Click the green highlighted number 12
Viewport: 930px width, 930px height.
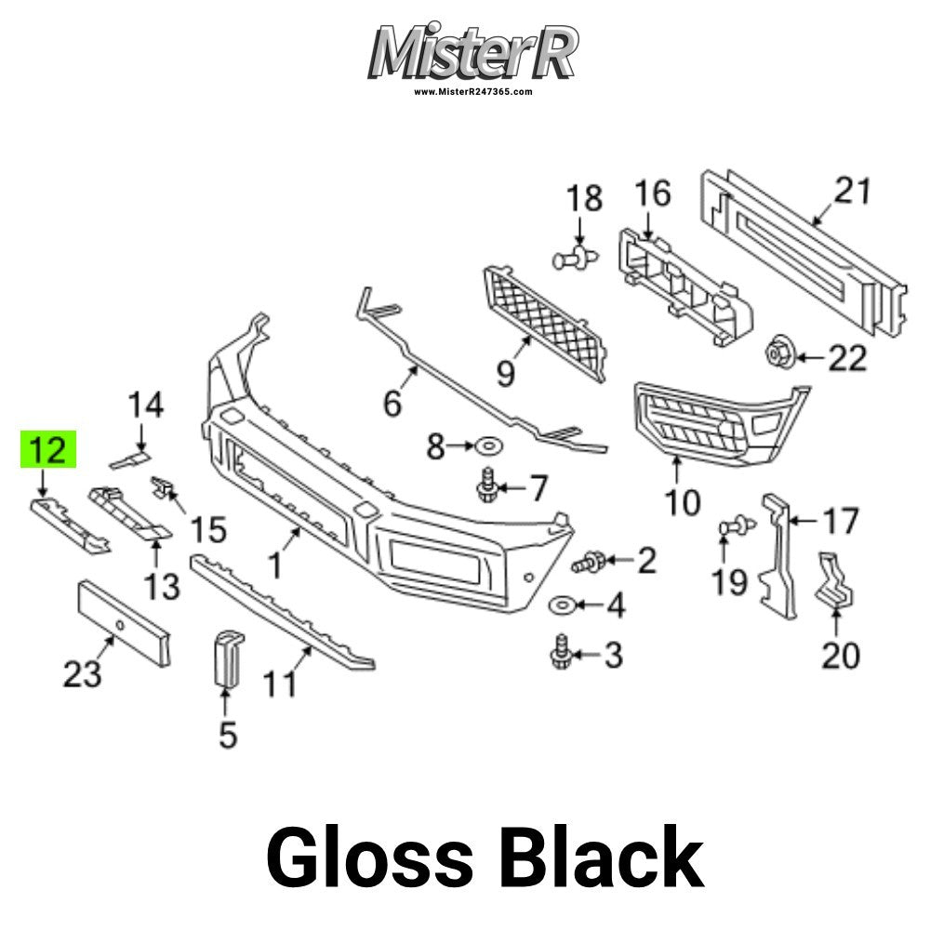point(48,449)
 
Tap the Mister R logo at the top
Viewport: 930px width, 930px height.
point(472,53)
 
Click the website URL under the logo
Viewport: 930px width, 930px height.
point(472,92)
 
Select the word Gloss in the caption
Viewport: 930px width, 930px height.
point(369,857)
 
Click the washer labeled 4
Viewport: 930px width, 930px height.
point(561,605)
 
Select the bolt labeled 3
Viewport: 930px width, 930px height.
point(561,653)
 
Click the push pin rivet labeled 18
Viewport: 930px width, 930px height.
point(575,259)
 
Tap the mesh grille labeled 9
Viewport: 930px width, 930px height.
point(544,324)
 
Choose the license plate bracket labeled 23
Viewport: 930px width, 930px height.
point(125,623)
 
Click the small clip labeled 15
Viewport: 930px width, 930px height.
point(162,486)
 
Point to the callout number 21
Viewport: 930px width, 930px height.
point(852,191)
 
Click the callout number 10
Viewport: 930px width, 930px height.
point(683,502)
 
